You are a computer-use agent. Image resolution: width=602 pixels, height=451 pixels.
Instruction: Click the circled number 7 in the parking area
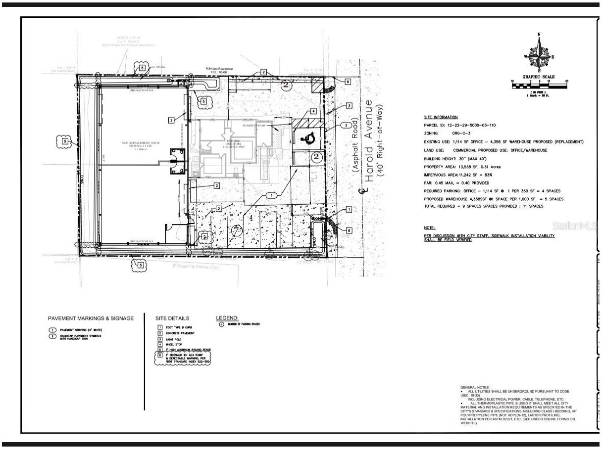point(237,230)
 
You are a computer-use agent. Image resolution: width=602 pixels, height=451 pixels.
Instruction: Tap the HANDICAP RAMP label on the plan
point(255,126)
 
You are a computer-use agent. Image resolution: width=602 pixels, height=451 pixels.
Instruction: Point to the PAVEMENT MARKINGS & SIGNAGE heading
point(91,318)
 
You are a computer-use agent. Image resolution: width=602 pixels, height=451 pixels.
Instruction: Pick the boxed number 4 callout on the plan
point(313,111)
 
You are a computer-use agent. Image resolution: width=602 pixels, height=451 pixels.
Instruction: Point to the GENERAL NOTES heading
point(475,387)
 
